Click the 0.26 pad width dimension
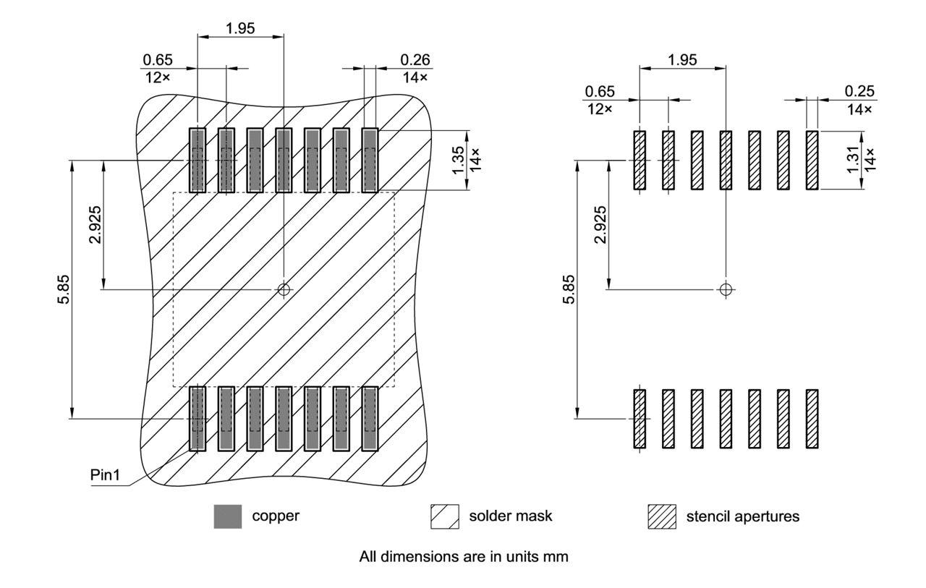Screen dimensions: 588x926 [x=415, y=60]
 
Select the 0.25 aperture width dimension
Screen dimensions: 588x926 [x=859, y=91]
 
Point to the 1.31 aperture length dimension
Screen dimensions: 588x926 [x=853, y=159]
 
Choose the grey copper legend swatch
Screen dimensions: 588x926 [x=227, y=516]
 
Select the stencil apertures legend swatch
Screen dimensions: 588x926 [x=661, y=516]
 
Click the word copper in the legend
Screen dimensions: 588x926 [x=276, y=516]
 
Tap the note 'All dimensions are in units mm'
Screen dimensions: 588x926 [x=464, y=558]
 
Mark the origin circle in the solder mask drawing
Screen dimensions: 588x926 [x=284, y=289]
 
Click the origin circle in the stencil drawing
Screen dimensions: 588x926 [x=726, y=289]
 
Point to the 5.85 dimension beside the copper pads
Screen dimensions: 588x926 [x=64, y=289]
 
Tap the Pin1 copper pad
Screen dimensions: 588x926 [x=197, y=419]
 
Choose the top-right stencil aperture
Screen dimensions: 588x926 [x=812, y=160]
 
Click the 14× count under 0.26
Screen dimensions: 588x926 [x=415, y=77]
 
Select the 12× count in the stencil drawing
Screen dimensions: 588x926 [x=598, y=108]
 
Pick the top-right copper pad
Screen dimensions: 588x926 [x=370, y=160]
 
